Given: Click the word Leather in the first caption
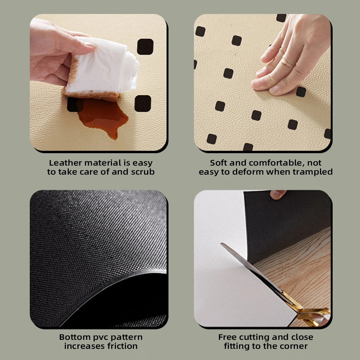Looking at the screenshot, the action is (66, 163).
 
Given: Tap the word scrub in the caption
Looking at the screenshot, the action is (143, 172).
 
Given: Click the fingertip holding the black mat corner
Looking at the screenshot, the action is (278, 194).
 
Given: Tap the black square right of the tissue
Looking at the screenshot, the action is (145, 46).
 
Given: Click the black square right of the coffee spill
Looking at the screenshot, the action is (143, 104).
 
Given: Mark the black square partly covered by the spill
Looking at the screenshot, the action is (75, 105).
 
